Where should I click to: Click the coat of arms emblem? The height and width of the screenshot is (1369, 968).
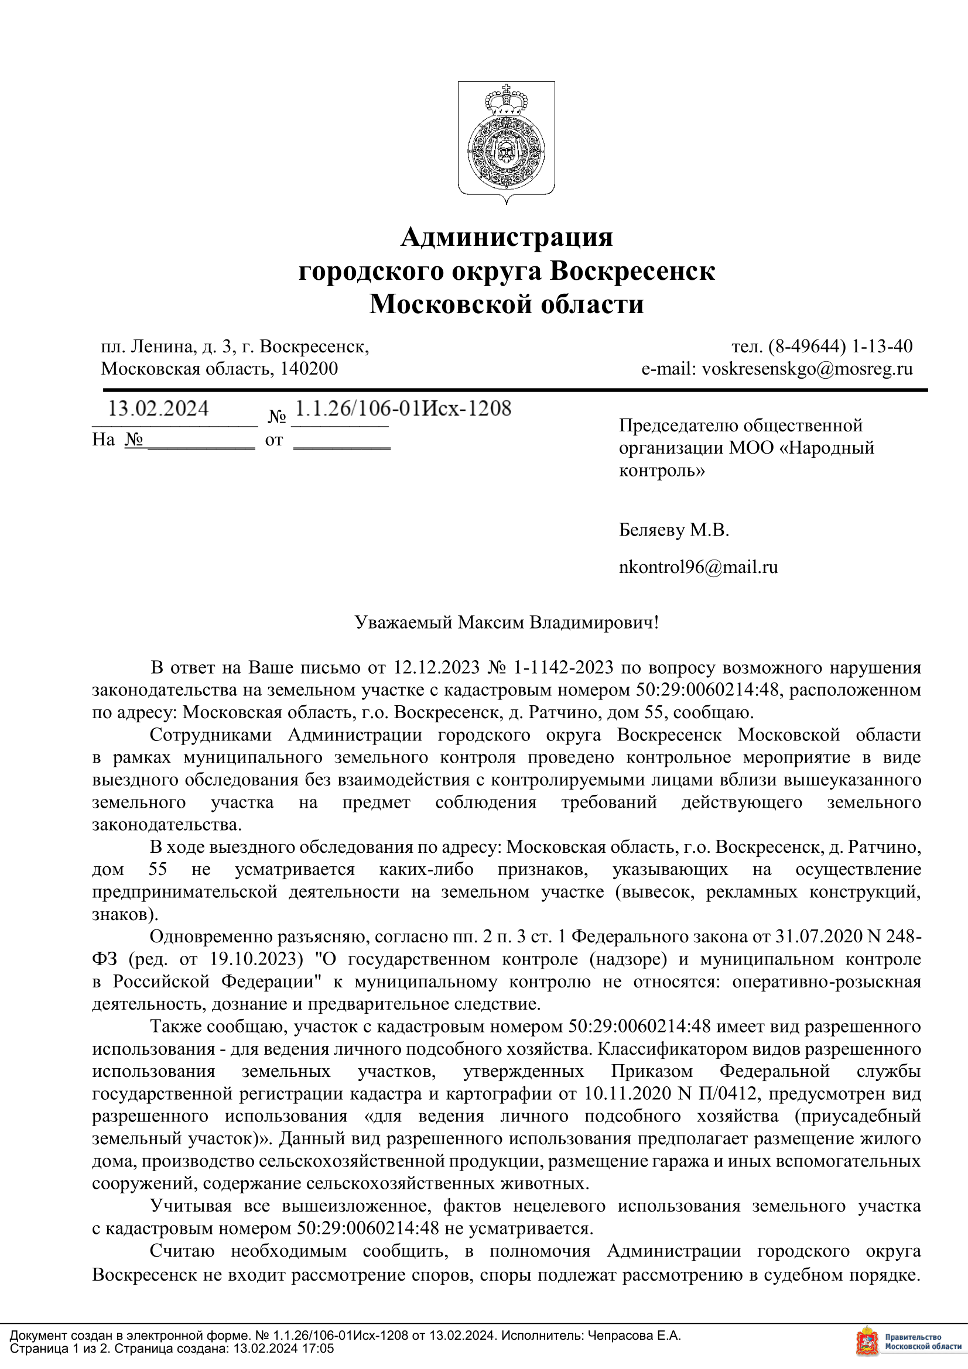tap(507, 142)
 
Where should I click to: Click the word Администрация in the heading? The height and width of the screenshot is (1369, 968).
tap(507, 236)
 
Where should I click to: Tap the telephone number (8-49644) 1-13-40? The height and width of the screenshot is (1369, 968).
tap(840, 346)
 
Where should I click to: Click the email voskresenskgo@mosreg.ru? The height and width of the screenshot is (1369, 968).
tap(807, 369)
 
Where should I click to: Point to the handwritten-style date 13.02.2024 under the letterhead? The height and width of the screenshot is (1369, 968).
tap(158, 409)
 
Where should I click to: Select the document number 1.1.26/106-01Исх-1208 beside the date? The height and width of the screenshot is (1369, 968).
tap(403, 409)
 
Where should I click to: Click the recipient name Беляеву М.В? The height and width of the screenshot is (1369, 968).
tap(674, 530)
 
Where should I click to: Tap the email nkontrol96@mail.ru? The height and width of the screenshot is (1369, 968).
tap(698, 567)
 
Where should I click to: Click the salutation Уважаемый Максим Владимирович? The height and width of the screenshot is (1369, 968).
tap(507, 623)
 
